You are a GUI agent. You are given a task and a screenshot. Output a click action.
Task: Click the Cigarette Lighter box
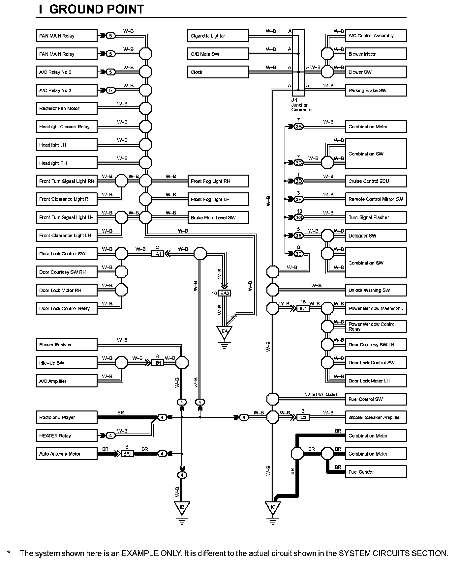[x=218, y=36]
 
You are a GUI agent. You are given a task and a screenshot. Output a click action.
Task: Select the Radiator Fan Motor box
[x=67, y=108]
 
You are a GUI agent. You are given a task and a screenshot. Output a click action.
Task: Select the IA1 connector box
[x=158, y=254]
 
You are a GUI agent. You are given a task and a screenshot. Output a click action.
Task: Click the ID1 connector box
[x=303, y=308]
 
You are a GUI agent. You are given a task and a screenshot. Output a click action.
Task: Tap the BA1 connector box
[x=127, y=454]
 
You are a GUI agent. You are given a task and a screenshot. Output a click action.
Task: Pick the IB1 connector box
[x=158, y=363]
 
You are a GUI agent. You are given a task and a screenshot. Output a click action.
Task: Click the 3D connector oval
[x=298, y=181]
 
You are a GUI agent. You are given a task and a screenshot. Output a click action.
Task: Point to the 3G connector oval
[x=298, y=217]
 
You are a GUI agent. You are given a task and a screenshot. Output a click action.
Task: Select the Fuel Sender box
[x=376, y=472]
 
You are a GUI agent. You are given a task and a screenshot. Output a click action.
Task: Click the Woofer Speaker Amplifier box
[x=376, y=417]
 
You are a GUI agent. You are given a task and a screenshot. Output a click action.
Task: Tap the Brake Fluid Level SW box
[x=218, y=217]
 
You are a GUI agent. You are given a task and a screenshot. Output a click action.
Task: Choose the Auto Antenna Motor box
[x=67, y=454]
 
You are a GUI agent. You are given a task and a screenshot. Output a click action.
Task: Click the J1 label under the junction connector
[x=294, y=100]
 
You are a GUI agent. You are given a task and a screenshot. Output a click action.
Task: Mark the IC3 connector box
[x=303, y=417]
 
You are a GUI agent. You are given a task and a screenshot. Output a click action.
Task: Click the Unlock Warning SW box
[x=376, y=290]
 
